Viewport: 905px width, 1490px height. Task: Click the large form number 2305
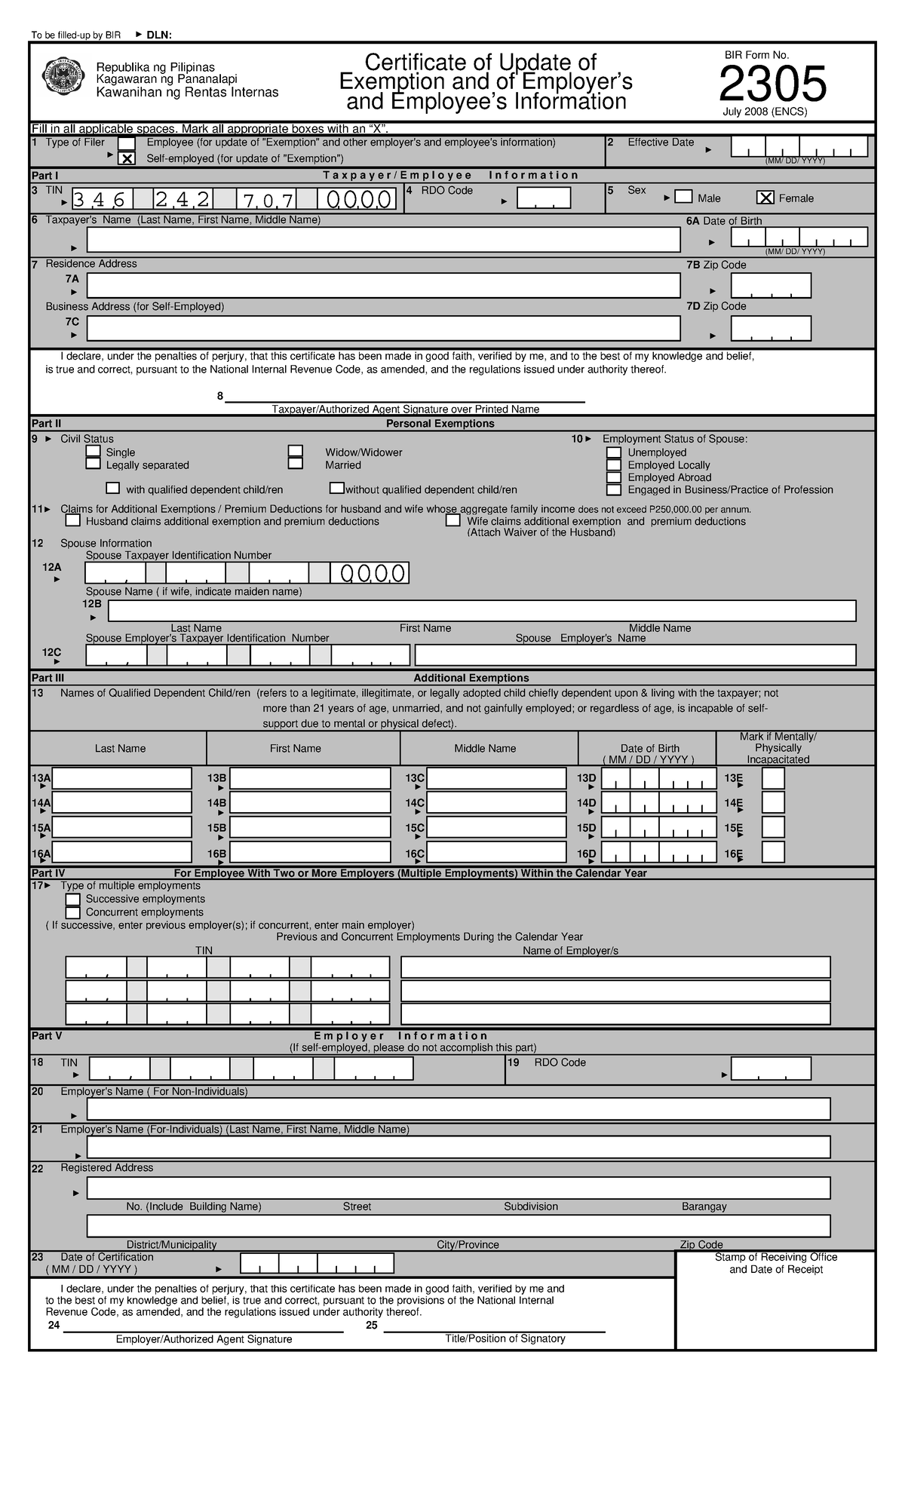[x=772, y=84]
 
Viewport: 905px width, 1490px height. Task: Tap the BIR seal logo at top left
[x=65, y=77]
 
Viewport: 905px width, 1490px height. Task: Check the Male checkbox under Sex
[x=683, y=197]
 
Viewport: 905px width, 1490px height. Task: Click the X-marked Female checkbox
[x=765, y=198]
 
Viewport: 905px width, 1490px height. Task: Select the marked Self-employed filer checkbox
[x=127, y=158]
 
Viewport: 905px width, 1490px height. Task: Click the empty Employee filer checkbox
[x=127, y=143]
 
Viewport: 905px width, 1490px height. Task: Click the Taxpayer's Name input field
[x=383, y=240]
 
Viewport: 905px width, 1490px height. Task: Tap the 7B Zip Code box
[x=770, y=286]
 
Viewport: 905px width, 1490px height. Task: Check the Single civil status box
[x=94, y=452]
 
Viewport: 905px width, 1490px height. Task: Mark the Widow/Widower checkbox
[x=296, y=452]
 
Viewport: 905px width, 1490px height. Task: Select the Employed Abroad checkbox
[x=614, y=477]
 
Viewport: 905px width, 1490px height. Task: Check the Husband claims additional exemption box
[x=73, y=521]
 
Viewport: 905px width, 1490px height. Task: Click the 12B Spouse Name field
[x=472, y=611]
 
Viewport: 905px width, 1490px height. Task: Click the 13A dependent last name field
[x=121, y=778]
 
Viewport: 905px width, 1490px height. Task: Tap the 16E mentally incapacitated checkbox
[x=773, y=852]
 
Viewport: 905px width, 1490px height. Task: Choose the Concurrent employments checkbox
[x=73, y=912]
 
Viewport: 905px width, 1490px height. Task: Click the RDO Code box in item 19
[x=770, y=1068]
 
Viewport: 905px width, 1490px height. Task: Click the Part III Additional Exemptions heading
[x=471, y=678]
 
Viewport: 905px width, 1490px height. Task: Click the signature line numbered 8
[x=405, y=400]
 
